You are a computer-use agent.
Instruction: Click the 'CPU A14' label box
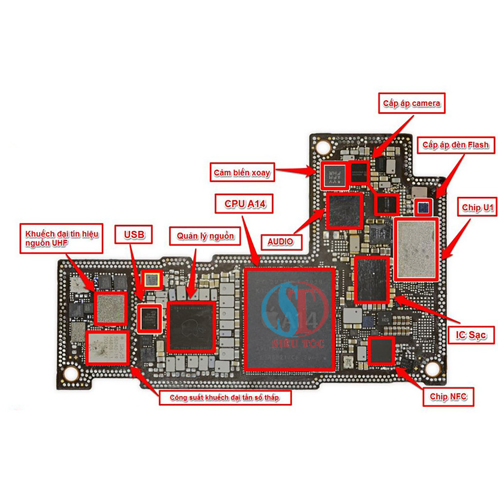click(244, 204)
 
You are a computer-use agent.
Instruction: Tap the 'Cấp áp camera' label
click(411, 103)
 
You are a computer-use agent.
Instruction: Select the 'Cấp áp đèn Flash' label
click(455, 145)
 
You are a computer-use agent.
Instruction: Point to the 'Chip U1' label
click(477, 207)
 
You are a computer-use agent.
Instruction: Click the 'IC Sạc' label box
click(471, 335)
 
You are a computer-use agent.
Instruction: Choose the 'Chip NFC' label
click(448, 397)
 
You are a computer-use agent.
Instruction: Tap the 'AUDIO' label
click(280, 241)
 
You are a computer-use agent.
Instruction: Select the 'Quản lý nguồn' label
click(205, 236)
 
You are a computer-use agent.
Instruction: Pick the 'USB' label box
click(134, 234)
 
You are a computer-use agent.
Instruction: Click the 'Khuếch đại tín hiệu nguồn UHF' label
click(61, 238)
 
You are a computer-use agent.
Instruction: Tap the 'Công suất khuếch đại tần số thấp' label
click(225, 398)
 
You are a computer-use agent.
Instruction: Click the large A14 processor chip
click(290, 319)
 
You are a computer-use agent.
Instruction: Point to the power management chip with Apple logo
click(191, 327)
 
